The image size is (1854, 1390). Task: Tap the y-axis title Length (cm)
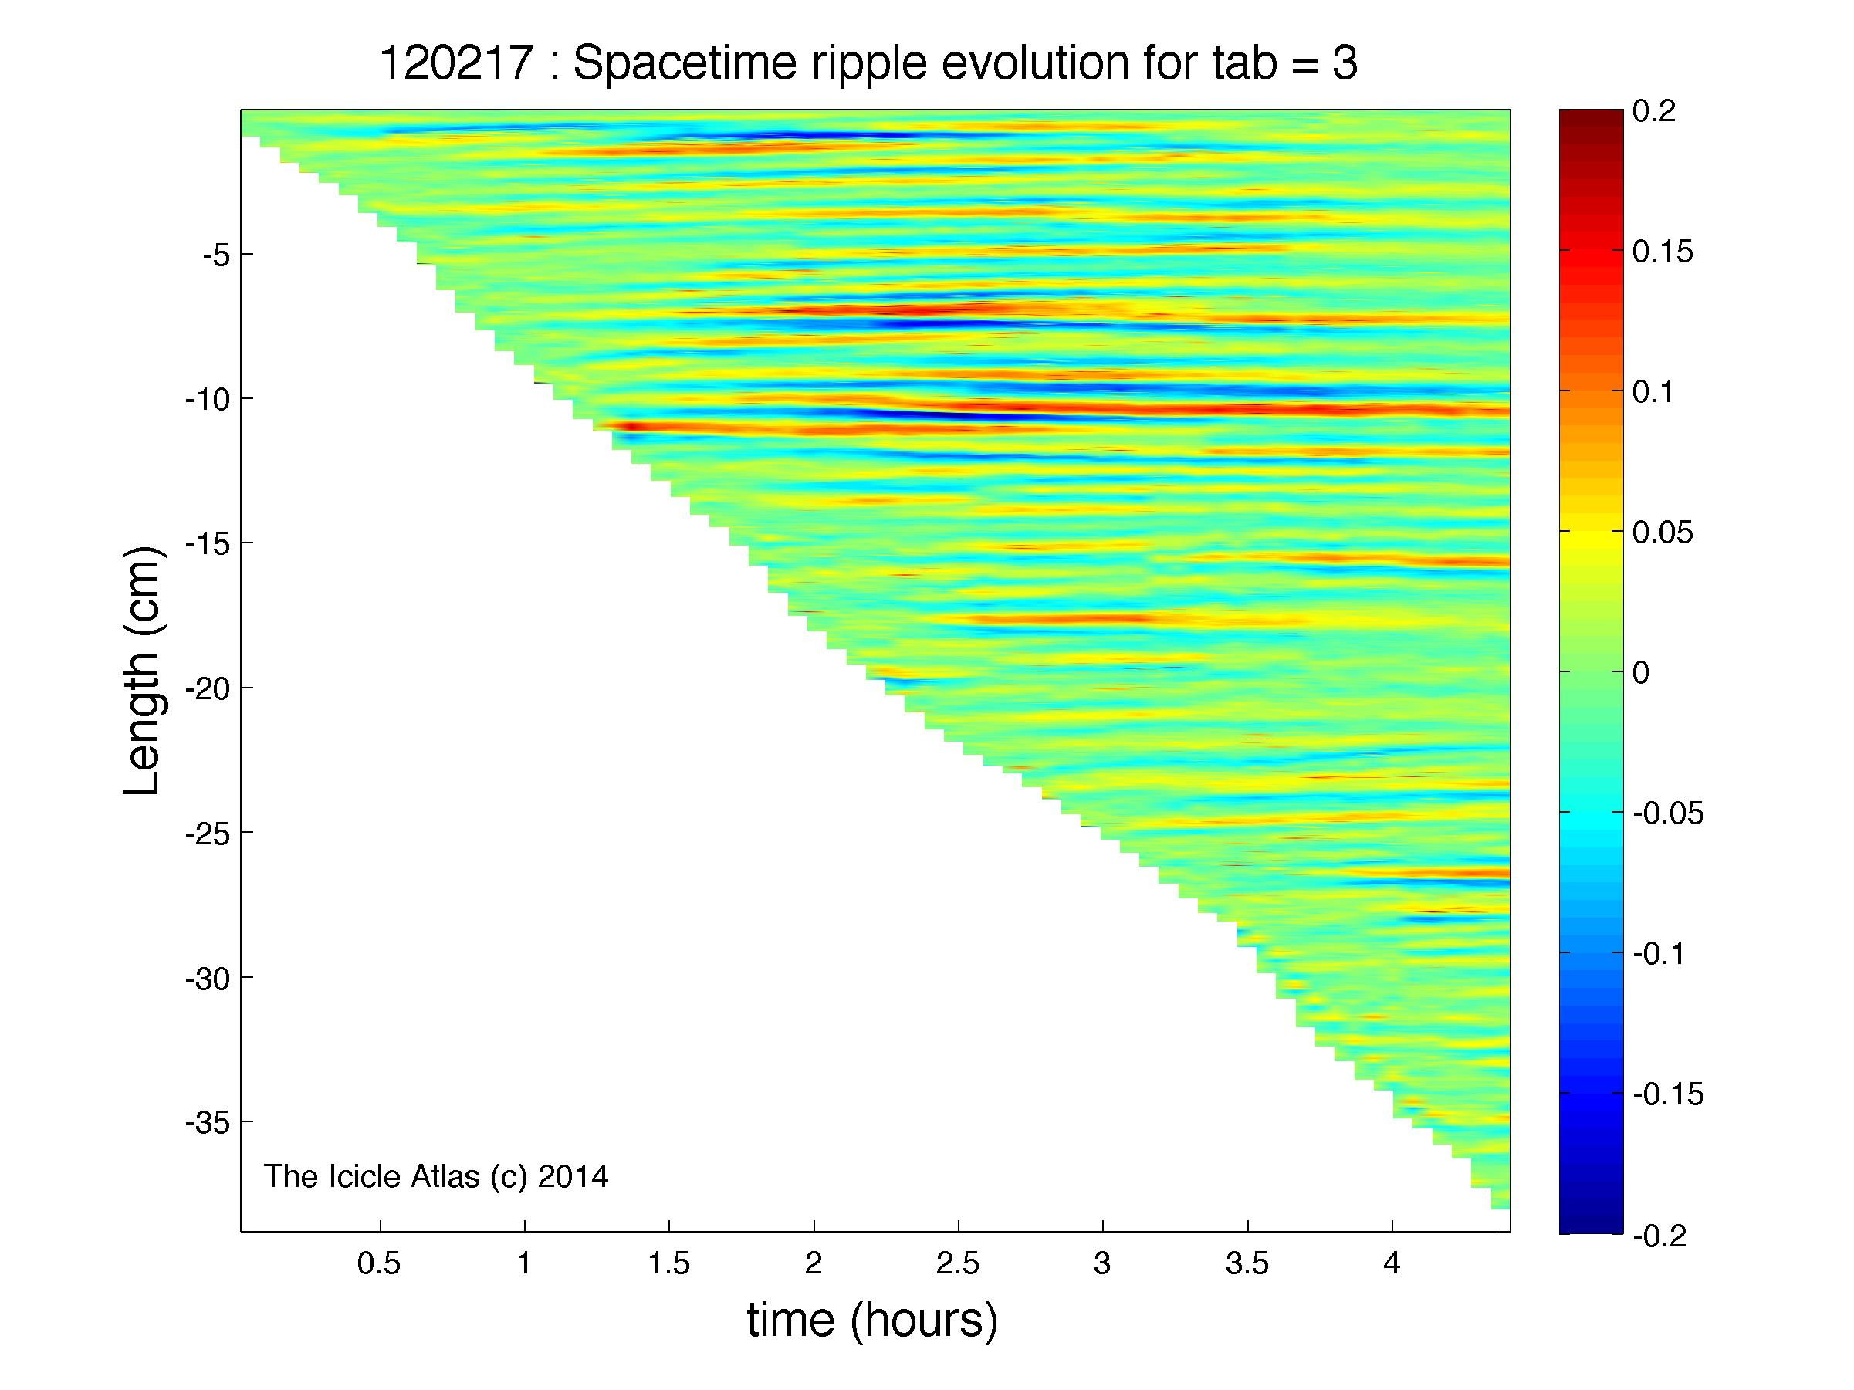point(143,671)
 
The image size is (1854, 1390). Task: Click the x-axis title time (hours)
point(872,1321)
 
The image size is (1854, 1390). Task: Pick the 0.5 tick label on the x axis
point(379,1263)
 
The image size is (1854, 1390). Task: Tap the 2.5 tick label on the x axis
point(957,1263)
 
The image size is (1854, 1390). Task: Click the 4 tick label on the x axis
point(1392,1263)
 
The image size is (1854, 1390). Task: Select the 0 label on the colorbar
point(1641,672)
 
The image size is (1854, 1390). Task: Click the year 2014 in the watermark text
point(573,1176)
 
